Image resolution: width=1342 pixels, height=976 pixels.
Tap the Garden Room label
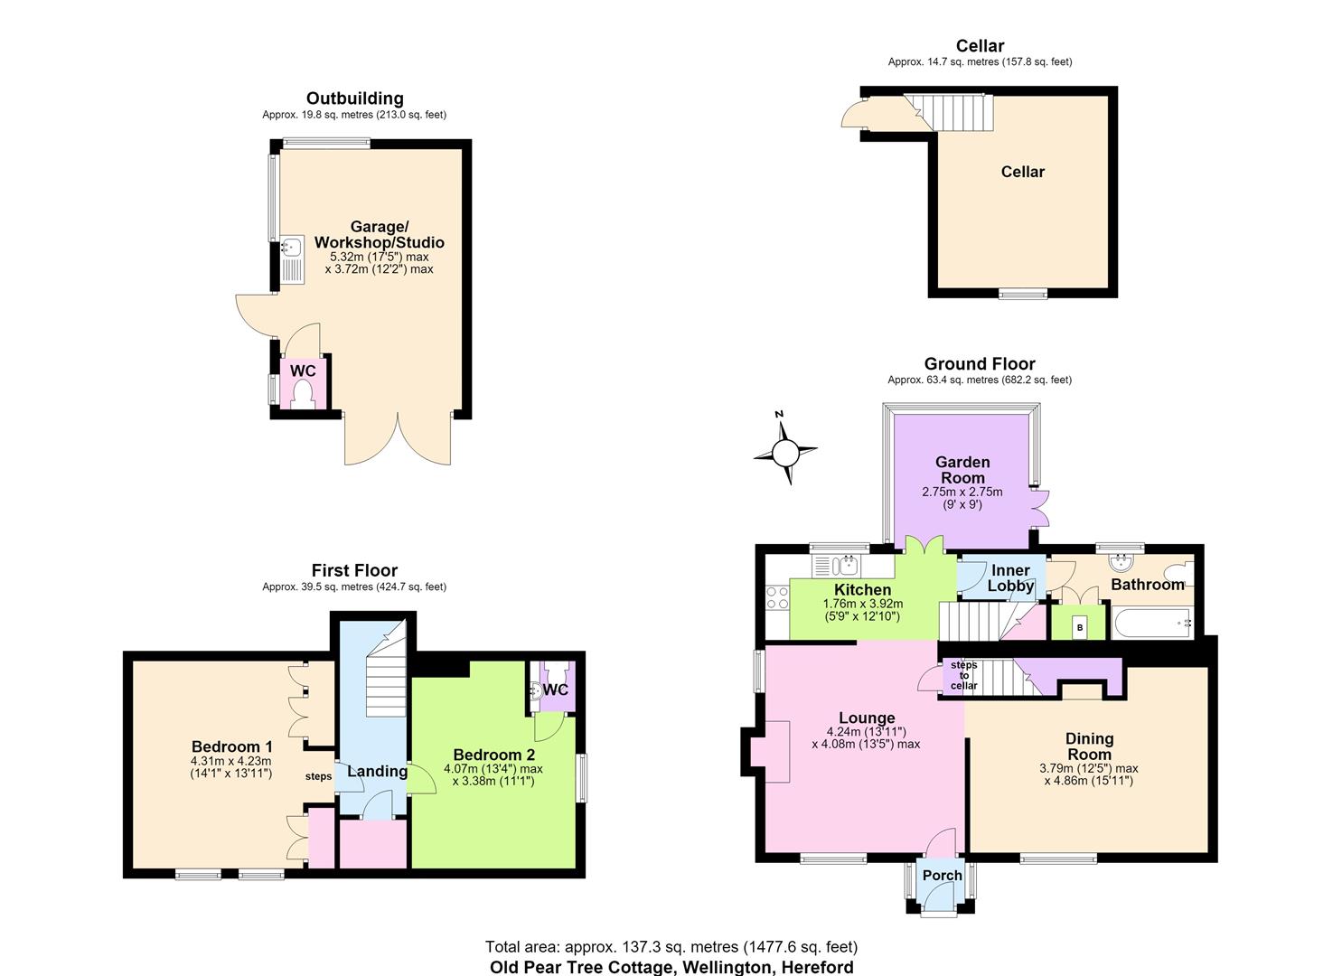point(962,470)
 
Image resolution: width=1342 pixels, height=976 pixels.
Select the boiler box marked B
point(1080,627)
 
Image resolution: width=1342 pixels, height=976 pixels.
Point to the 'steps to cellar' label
point(963,675)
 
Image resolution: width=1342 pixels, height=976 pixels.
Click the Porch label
point(942,876)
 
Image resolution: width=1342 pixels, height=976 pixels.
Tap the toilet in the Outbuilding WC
point(303,396)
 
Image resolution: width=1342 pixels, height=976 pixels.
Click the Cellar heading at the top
point(980,45)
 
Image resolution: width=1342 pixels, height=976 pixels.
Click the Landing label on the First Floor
point(377,771)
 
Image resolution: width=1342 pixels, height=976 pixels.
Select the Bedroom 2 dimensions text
point(493,774)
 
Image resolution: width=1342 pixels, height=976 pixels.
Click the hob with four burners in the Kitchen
point(778,598)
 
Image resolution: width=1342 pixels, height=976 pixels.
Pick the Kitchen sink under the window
point(836,566)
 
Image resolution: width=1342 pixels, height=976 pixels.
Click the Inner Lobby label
point(1010,578)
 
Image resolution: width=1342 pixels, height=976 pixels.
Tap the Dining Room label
point(1089,746)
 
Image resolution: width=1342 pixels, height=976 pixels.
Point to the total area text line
point(671,947)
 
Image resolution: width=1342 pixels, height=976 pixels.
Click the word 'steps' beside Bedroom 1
point(318,776)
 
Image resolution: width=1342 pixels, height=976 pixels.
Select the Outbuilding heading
point(354,99)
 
